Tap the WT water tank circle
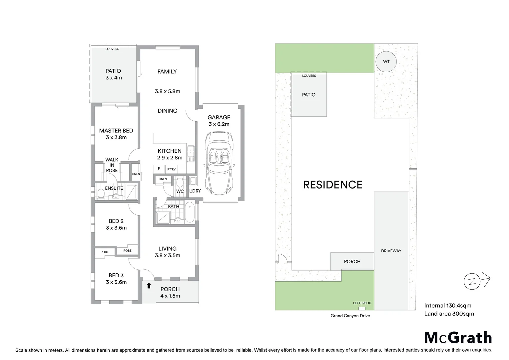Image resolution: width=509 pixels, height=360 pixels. [386, 62]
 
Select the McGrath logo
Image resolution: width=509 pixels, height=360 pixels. [458, 337]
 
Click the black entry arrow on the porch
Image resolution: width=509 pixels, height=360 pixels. [149, 286]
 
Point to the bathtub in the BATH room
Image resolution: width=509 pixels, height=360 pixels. [189, 212]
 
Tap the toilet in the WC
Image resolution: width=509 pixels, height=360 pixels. [180, 183]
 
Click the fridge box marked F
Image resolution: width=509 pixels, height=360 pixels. [159, 169]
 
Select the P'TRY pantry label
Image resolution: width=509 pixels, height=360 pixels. [172, 169]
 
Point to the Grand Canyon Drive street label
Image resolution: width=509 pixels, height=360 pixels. [350, 316]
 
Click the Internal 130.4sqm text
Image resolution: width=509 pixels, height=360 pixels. [447, 305]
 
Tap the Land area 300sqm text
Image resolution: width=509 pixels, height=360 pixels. [449, 314]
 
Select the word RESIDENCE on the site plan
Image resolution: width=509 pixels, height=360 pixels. [332, 185]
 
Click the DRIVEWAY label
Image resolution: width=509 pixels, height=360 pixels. [391, 251]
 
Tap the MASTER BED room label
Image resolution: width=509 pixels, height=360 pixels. [116, 131]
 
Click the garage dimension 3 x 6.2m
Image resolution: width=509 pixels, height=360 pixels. [219, 124]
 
